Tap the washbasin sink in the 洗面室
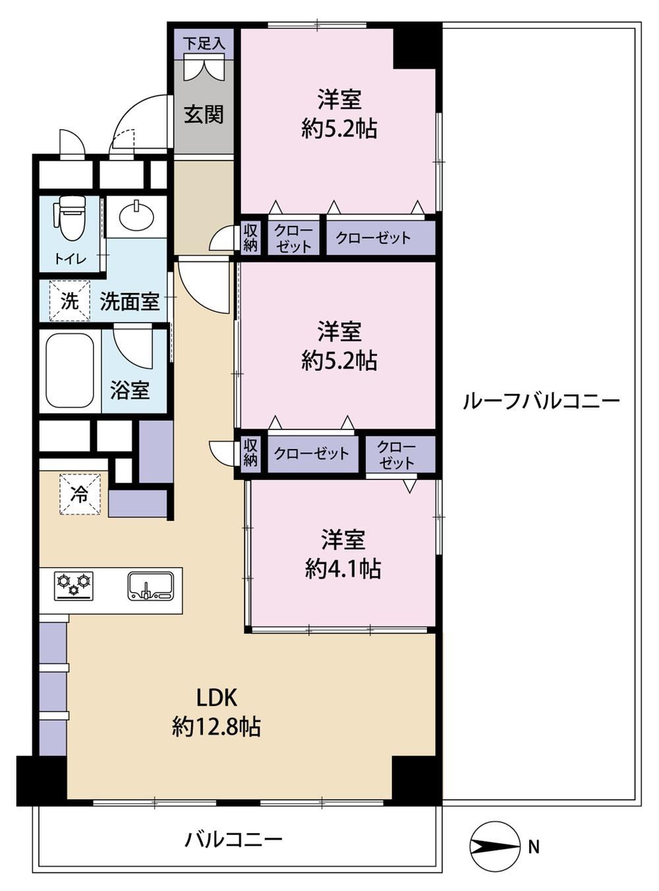pyautogui.click(x=136, y=217)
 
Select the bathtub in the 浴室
pyautogui.click(x=70, y=370)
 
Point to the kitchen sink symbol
pyautogui.click(x=151, y=587)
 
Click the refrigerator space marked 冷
pyautogui.click(x=80, y=495)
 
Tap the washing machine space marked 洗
pyautogui.click(x=70, y=301)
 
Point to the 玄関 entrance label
pyautogui.click(x=204, y=115)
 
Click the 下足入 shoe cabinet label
pyautogui.click(x=204, y=43)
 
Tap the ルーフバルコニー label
pyautogui.click(x=541, y=401)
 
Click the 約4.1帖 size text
pyautogui.click(x=343, y=569)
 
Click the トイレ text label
pyautogui.click(x=71, y=259)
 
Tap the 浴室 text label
pyautogui.click(x=130, y=391)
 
